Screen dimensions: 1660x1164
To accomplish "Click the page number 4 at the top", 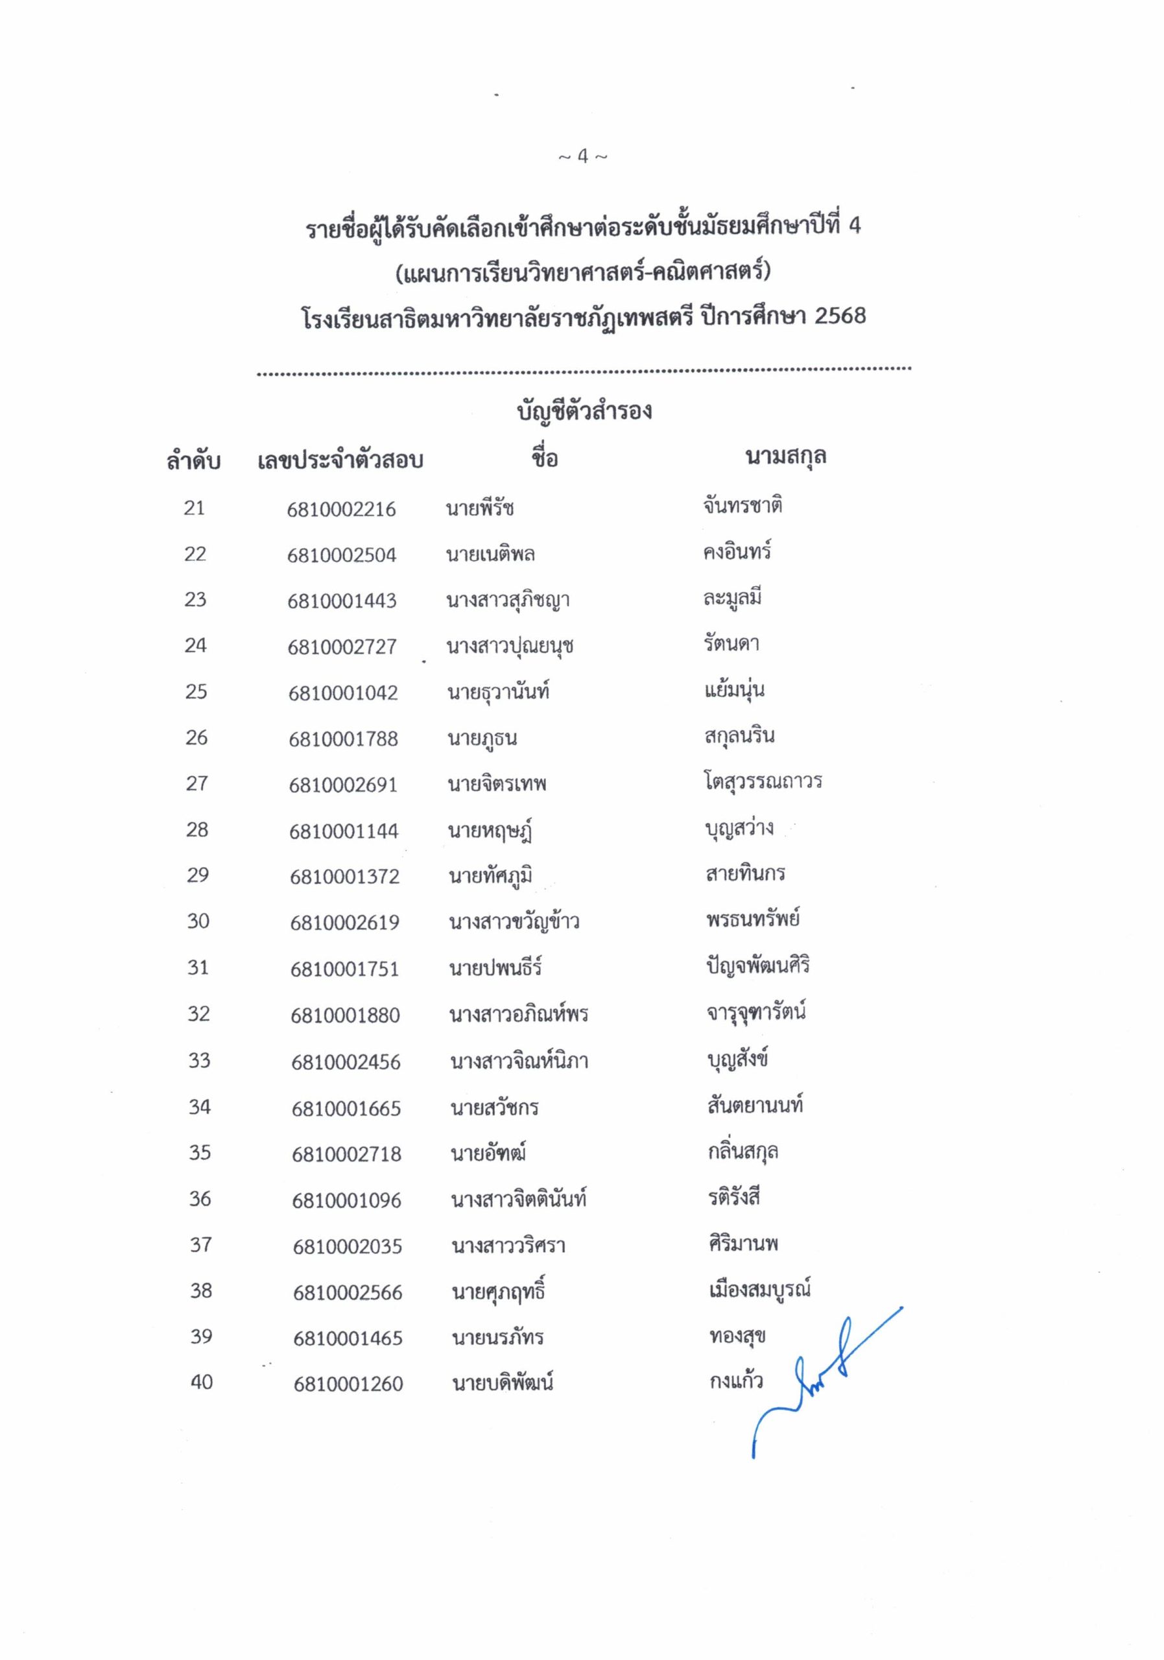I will [x=583, y=156].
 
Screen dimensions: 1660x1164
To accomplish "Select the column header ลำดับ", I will [x=193, y=460].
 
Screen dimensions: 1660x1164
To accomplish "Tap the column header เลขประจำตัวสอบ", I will [x=340, y=460].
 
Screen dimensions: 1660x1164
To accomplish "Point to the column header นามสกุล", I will [x=785, y=457].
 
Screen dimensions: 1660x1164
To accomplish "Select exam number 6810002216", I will [x=341, y=509].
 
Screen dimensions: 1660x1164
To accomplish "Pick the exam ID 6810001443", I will [x=342, y=601].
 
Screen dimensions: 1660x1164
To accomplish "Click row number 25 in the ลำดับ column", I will [x=196, y=692].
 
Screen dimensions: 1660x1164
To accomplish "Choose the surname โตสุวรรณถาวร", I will [x=763, y=781].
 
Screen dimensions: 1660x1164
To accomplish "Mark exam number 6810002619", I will [x=344, y=923].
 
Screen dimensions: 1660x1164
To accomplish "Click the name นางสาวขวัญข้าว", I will [x=514, y=922].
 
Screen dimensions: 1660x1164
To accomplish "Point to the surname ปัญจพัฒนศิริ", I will [x=757, y=966].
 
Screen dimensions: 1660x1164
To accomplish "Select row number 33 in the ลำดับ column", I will [x=199, y=1061].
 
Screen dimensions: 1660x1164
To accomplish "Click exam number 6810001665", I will [x=346, y=1108].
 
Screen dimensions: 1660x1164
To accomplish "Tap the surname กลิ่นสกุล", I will [x=742, y=1151].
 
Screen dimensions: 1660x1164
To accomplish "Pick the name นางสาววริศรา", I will [x=508, y=1246].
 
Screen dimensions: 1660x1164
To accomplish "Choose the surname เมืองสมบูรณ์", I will [x=759, y=1289].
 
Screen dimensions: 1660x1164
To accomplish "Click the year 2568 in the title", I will [x=839, y=316].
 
